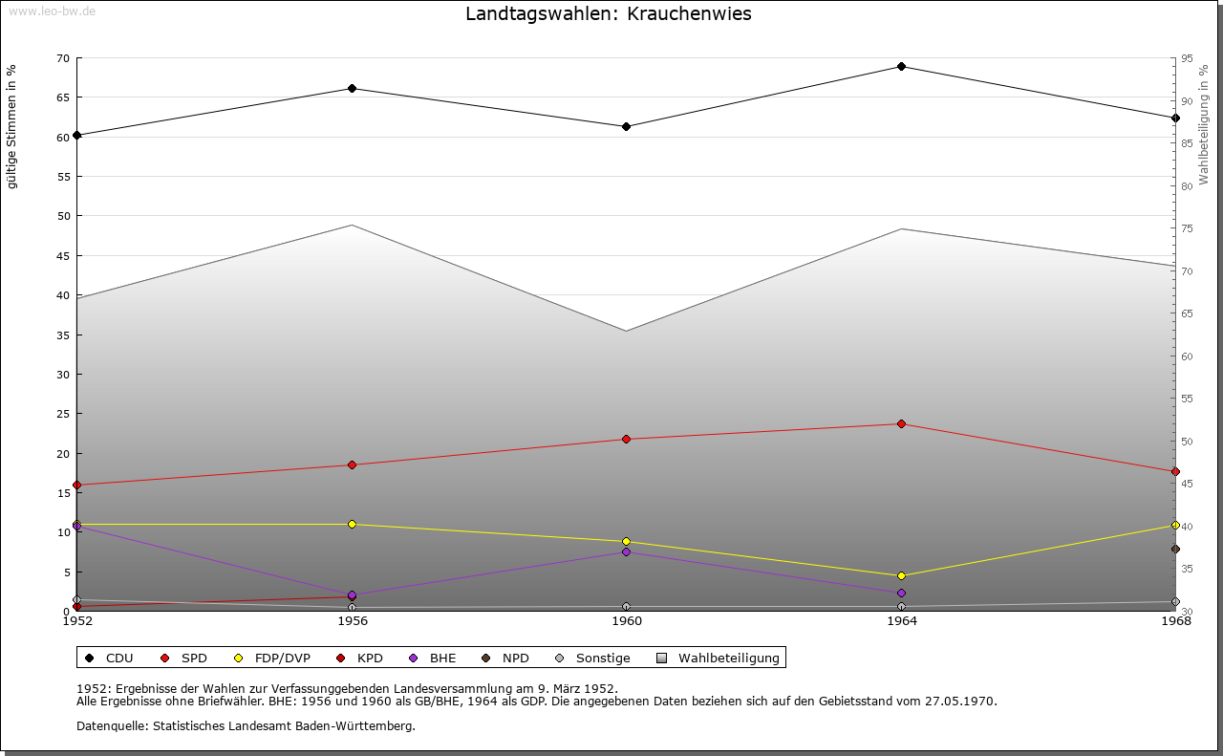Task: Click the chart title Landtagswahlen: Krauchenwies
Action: click(609, 14)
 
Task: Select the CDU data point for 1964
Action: click(901, 67)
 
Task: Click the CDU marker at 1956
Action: click(352, 89)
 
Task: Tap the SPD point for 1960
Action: click(626, 440)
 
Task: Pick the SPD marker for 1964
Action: click(901, 424)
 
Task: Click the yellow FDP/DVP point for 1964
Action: click(901, 576)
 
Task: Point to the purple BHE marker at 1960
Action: click(626, 552)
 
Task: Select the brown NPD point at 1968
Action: click(1175, 550)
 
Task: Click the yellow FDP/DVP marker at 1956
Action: click(352, 525)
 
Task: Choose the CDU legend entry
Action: click(110, 659)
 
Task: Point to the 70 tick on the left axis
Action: click(62, 58)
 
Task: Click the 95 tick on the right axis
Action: click(1187, 58)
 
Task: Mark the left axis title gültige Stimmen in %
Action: click(12, 127)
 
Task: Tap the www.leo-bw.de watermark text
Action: click(51, 10)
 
